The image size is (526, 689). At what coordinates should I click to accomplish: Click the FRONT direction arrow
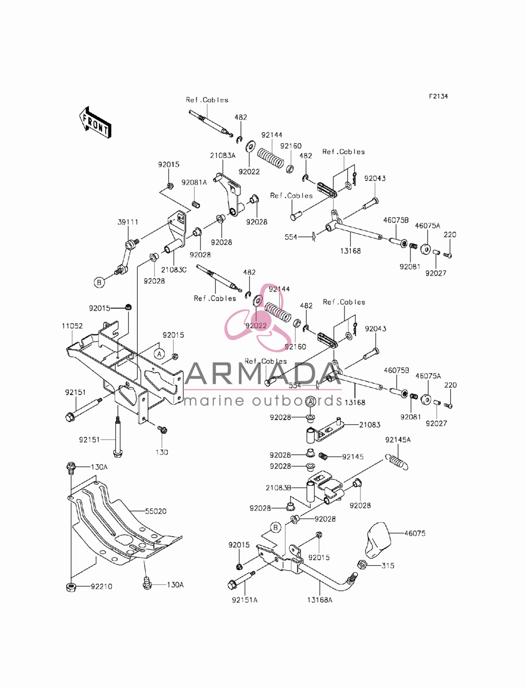[x=95, y=123]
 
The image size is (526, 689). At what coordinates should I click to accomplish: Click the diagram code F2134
[x=438, y=96]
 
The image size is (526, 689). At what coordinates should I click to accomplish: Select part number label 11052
[x=72, y=326]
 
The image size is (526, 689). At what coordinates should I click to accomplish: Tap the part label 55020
[x=156, y=511]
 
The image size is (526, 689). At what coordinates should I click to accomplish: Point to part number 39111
[x=128, y=222]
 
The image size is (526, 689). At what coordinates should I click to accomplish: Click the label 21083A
[x=222, y=155]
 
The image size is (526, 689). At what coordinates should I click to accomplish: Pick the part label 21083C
[x=174, y=269]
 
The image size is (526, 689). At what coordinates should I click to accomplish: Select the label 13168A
[x=320, y=600]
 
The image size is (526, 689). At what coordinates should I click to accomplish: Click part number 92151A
[x=245, y=600]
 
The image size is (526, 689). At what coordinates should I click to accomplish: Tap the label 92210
[x=102, y=586]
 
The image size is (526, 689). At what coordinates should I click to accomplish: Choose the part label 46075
[x=414, y=533]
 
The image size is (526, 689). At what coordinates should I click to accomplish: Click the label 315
[x=388, y=566]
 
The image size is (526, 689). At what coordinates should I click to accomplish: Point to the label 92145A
[x=398, y=440]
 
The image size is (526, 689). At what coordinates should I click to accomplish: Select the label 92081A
[x=194, y=182]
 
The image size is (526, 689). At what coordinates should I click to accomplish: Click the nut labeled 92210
[x=71, y=586]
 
